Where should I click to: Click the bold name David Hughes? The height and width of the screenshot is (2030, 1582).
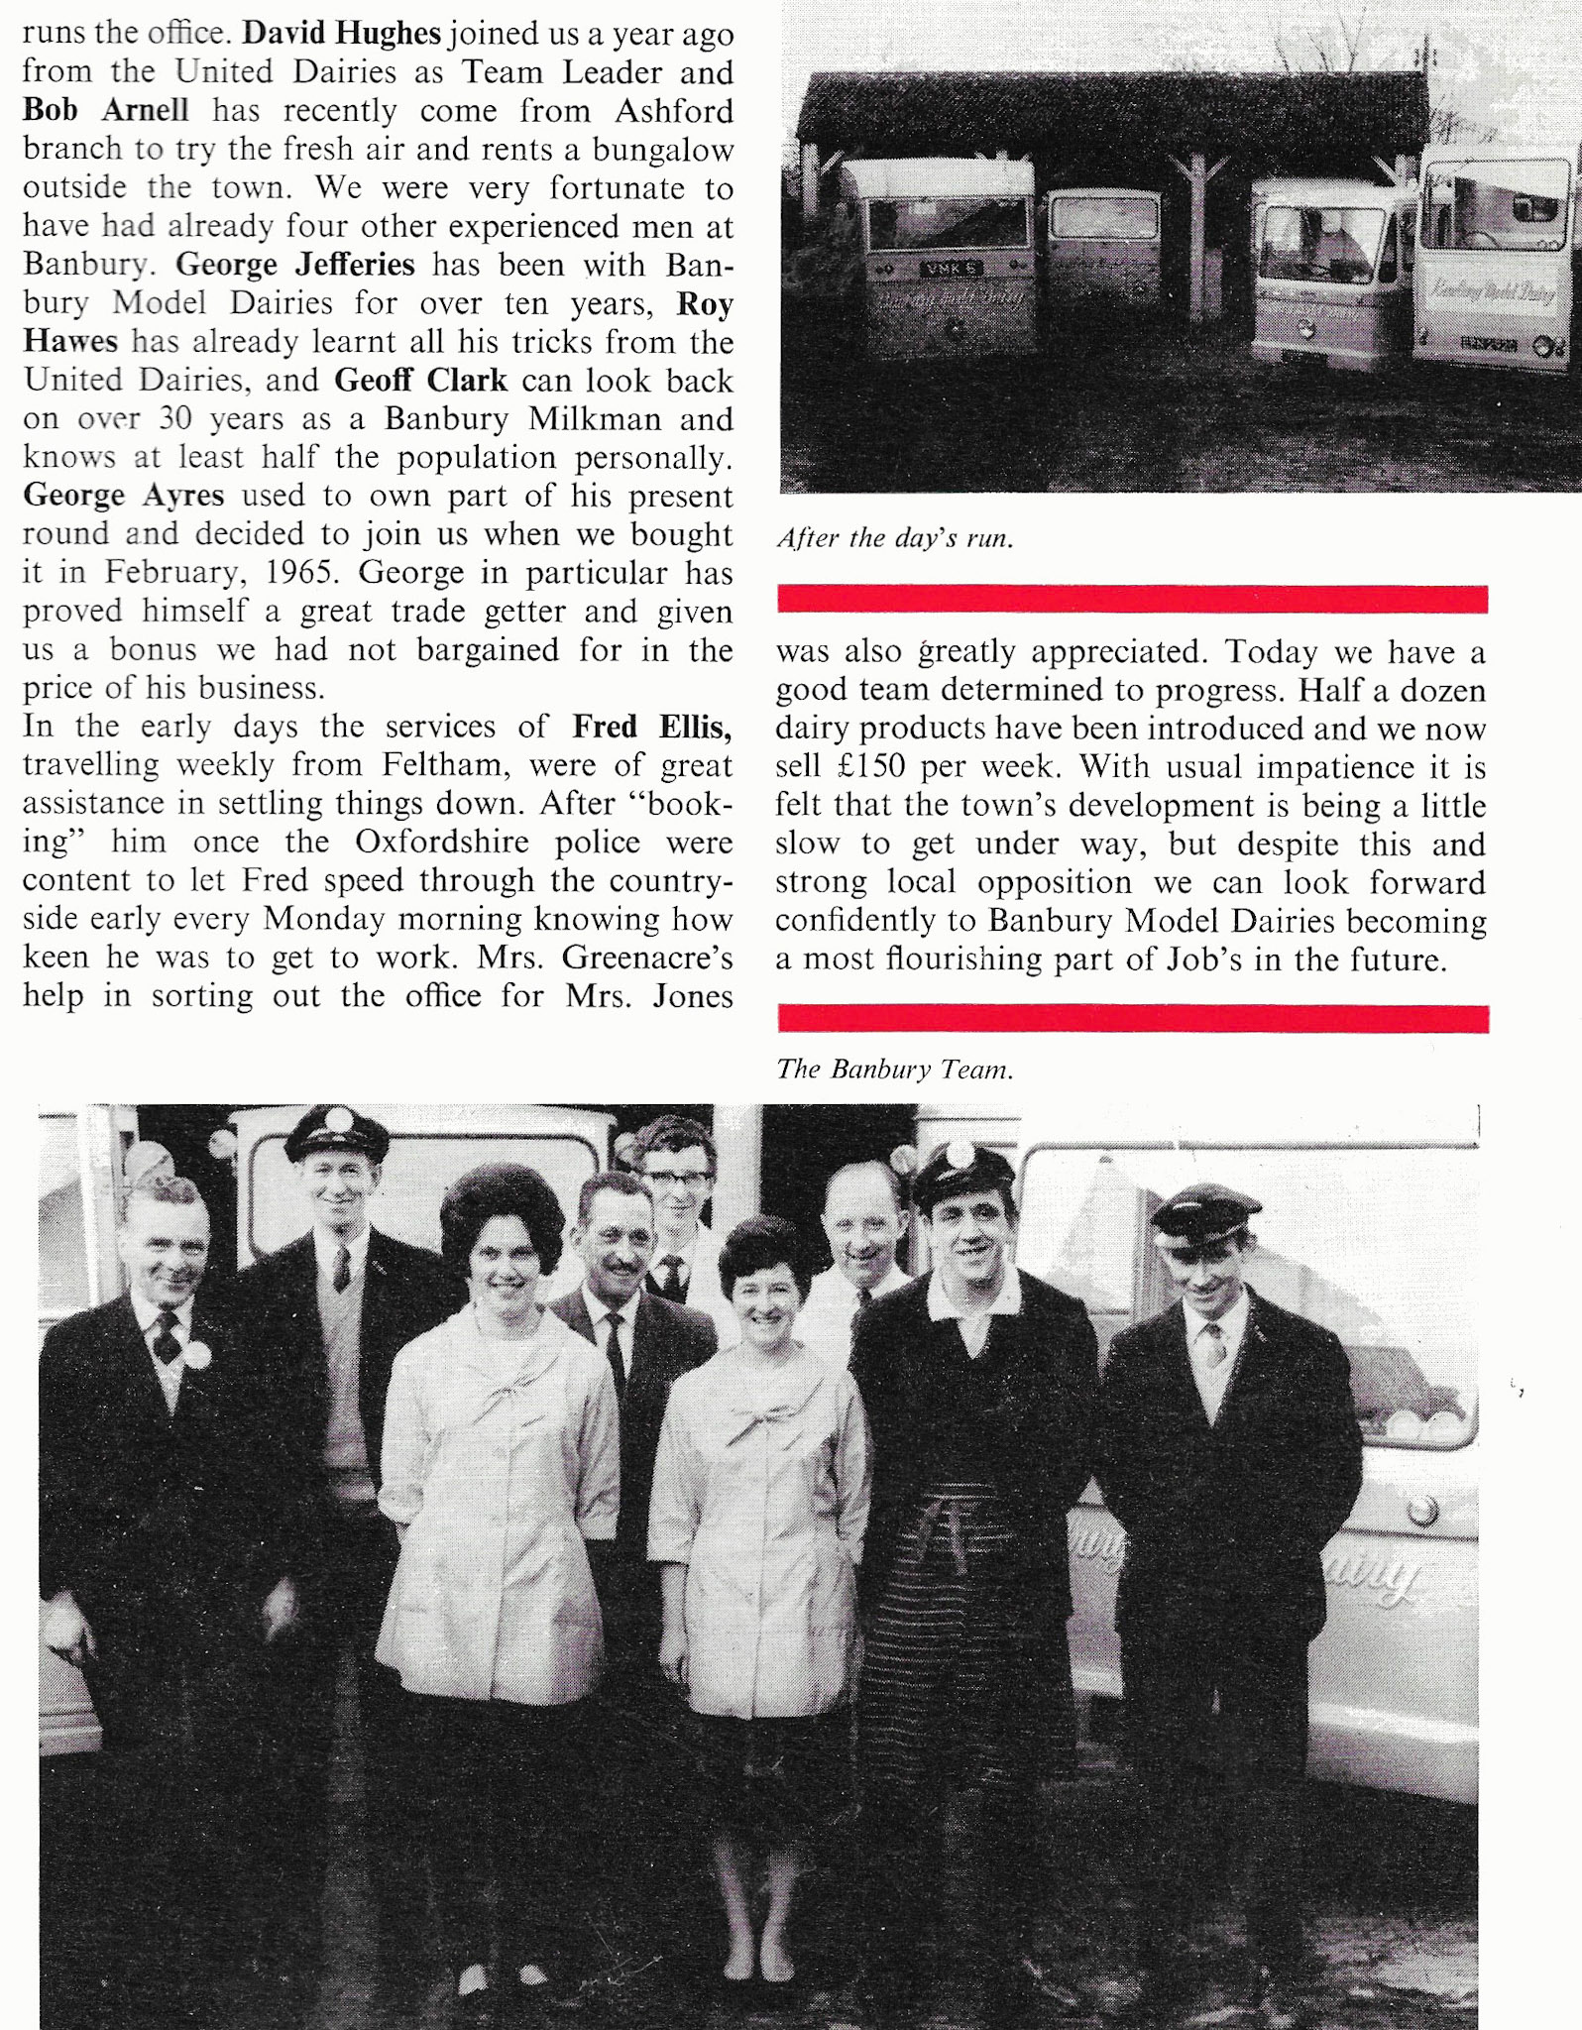[x=341, y=34]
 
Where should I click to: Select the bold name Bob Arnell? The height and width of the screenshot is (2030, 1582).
[x=105, y=110]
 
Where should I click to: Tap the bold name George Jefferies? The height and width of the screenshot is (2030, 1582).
[x=294, y=266]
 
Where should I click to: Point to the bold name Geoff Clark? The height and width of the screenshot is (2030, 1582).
[x=420, y=382]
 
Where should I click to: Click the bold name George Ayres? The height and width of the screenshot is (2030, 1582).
[x=123, y=497]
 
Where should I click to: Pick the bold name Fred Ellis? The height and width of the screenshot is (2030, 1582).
[x=651, y=728]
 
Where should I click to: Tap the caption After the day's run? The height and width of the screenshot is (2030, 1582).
[x=895, y=539]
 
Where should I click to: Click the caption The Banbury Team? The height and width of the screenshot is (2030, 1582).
[x=894, y=1070]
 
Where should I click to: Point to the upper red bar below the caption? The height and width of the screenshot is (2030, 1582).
[x=1132, y=600]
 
